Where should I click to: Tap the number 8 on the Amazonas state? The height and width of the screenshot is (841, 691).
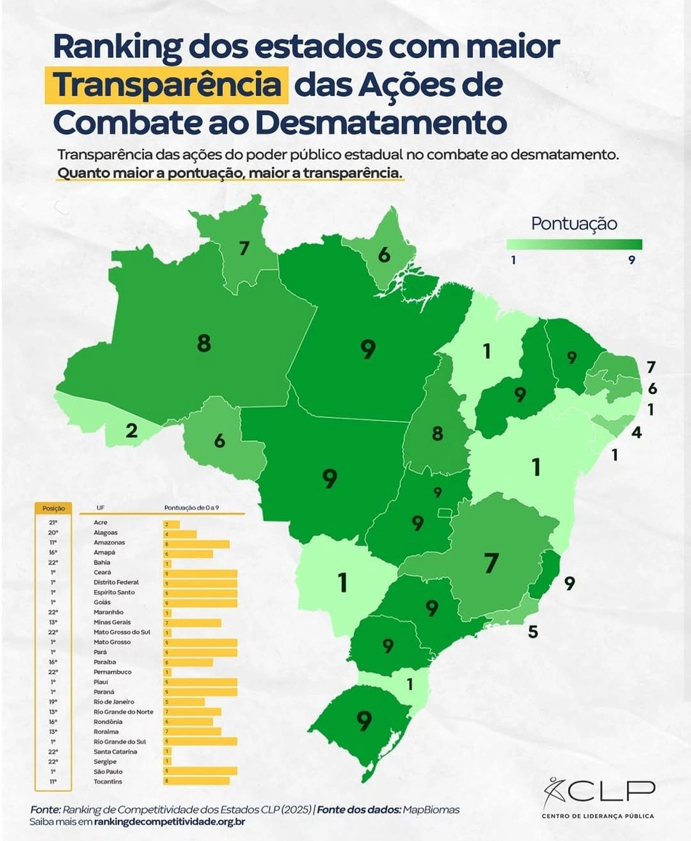point(204,343)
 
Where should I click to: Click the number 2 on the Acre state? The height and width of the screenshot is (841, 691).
point(131,430)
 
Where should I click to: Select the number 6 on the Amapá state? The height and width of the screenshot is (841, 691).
point(384,254)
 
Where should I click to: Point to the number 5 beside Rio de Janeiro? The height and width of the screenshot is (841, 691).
point(533,632)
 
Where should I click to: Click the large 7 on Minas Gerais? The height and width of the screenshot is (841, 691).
point(492,562)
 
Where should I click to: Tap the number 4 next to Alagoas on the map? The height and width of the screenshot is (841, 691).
point(636,432)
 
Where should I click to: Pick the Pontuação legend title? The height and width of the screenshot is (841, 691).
point(574,223)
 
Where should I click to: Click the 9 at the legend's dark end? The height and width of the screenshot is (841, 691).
point(632,259)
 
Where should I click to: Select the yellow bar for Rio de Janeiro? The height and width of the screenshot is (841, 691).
point(184,702)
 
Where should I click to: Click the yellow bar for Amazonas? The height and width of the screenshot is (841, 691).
point(196,543)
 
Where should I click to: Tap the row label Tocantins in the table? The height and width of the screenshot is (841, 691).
point(108,781)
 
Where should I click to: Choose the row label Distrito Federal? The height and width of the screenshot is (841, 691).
point(116,582)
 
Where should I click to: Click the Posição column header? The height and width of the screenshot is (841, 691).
point(54,508)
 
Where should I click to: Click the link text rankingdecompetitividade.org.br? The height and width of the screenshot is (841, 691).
point(169,821)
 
